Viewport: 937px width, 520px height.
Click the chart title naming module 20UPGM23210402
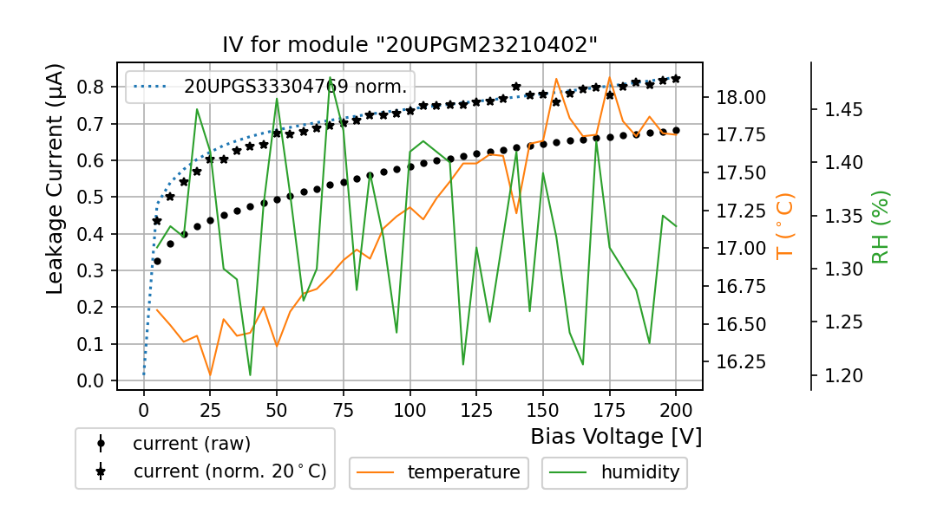[410, 45]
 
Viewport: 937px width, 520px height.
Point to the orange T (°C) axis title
[785, 225]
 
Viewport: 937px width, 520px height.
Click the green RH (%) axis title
[881, 227]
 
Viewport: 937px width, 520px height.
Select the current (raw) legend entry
[191, 444]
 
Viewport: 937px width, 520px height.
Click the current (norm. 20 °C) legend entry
[229, 471]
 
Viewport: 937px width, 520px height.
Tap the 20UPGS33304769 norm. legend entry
[295, 86]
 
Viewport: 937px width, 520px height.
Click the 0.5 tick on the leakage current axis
[91, 198]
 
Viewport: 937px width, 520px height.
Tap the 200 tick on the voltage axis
[676, 406]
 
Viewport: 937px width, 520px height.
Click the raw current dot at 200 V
[676, 130]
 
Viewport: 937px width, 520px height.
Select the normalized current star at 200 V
[676, 78]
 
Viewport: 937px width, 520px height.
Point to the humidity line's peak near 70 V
[330, 77]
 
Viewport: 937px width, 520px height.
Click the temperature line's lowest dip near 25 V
[210, 375]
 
